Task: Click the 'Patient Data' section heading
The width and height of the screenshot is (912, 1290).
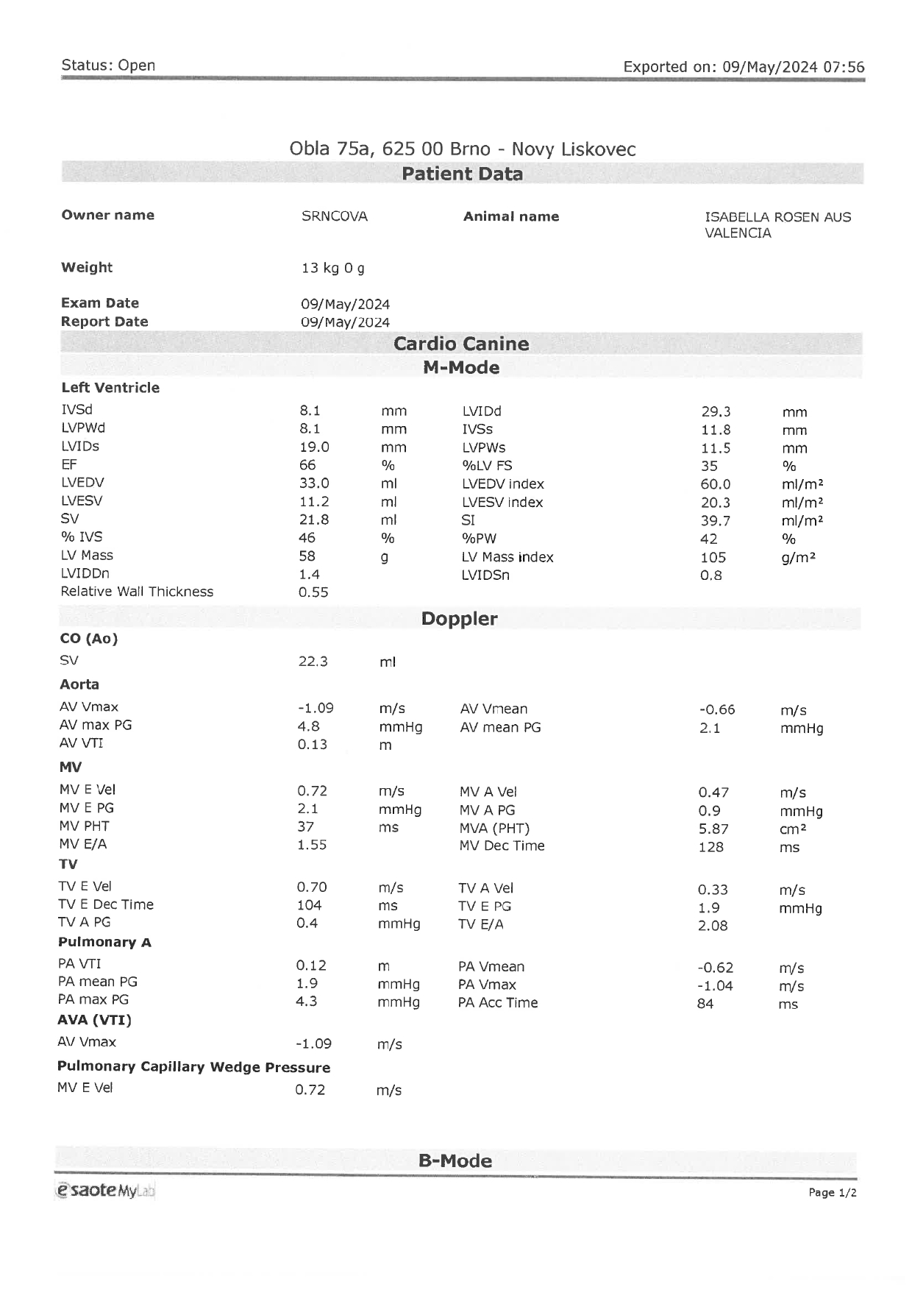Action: tap(462, 174)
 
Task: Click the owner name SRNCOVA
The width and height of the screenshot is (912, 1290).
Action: tap(334, 216)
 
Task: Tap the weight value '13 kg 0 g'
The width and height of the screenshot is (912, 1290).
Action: tap(332, 268)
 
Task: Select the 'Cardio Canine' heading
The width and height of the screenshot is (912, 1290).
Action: tap(461, 344)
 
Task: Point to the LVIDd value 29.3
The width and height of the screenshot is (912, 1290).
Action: tap(715, 412)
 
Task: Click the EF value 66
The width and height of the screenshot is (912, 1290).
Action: tap(307, 465)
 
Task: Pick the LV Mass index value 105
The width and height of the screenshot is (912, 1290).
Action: tap(713, 558)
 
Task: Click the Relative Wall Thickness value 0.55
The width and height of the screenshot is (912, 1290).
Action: tap(313, 592)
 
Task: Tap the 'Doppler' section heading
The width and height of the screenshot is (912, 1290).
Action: tap(459, 619)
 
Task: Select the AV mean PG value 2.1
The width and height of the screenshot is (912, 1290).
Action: tap(710, 728)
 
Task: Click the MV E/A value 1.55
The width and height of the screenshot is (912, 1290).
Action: tap(312, 845)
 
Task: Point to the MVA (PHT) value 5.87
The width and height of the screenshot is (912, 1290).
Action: tap(713, 829)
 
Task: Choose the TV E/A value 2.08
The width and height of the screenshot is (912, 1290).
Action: tap(713, 926)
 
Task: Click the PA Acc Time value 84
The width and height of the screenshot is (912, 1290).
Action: tap(705, 1004)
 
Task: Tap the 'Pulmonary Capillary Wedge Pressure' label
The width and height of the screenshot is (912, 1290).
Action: tap(193, 1067)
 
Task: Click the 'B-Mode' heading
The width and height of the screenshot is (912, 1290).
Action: tap(455, 1160)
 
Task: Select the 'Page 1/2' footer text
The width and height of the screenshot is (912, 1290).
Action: tap(832, 1192)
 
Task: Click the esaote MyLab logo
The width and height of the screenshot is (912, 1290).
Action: tap(105, 1190)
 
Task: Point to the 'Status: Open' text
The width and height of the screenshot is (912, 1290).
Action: tap(108, 65)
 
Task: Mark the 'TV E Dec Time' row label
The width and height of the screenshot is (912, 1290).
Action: tap(106, 905)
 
